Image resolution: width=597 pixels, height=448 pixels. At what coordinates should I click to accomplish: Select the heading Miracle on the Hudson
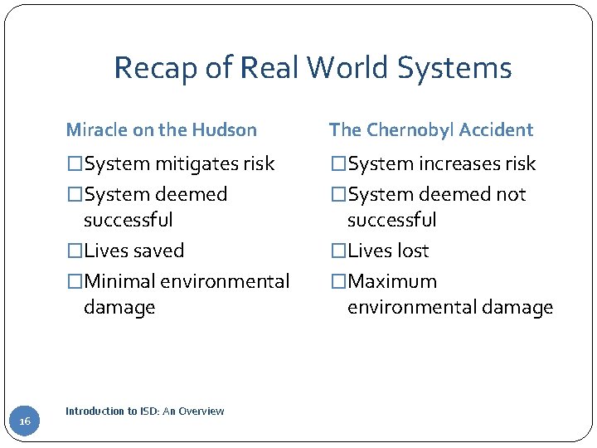click(x=161, y=129)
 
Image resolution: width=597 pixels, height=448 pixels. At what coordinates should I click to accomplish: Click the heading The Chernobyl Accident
click(x=430, y=129)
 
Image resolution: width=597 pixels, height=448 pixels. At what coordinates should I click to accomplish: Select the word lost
click(x=413, y=251)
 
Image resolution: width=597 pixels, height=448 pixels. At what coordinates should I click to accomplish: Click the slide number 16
click(x=25, y=422)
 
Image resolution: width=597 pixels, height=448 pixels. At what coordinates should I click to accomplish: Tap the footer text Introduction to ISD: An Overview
click(x=144, y=411)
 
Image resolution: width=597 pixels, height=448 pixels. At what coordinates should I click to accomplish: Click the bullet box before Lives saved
click(x=75, y=251)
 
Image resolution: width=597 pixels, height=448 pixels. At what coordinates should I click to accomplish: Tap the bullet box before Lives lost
click(x=338, y=251)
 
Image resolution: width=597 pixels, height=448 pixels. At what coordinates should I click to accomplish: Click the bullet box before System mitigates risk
click(x=75, y=163)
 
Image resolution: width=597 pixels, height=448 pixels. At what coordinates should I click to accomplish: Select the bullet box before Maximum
click(x=338, y=281)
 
